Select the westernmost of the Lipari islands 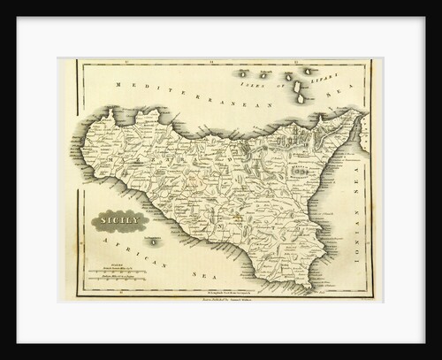pos(242,73)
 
